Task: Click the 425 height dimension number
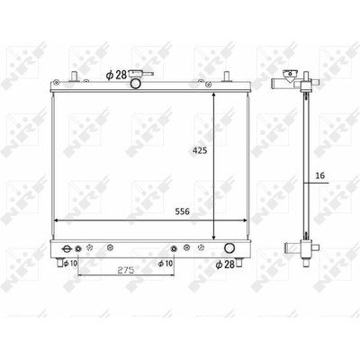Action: (x=200, y=150)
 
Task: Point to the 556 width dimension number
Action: (x=183, y=211)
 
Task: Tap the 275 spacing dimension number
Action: (x=125, y=270)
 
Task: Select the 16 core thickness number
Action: (x=320, y=175)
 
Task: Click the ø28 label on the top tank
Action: (x=116, y=75)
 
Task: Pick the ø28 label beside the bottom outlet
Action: (x=225, y=265)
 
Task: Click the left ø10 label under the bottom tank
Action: (x=70, y=264)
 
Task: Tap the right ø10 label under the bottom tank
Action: (x=166, y=264)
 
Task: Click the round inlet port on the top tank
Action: (x=136, y=84)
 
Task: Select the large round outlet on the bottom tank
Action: (x=229, y=247)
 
